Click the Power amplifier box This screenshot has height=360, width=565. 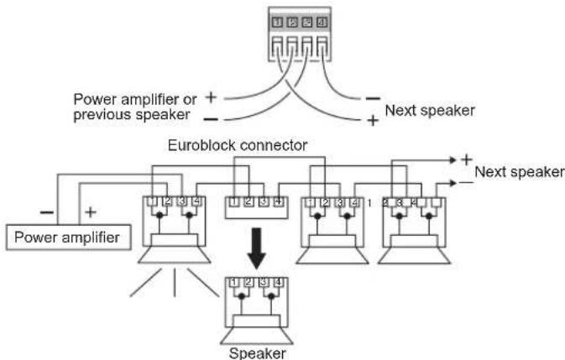[x=69, y=237]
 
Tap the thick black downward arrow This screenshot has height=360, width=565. [x=256, y=248]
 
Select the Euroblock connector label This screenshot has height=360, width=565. [x=238, y=145]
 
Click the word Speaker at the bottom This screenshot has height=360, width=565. [x=258, y=353]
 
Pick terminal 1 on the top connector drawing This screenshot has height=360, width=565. [x=277, y=23]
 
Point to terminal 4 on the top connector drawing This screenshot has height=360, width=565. [x=322, y=23]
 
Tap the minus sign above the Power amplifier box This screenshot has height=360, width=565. [x=47, y=212]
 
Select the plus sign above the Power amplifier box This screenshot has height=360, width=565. [x=91, y=212]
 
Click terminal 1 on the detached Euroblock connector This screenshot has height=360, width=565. [x=234, y=202]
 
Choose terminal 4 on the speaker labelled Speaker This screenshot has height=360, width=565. [x=278, y=282]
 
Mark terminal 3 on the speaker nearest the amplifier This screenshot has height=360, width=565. [x=181, y=201]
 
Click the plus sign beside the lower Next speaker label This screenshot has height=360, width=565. [x=466, y=159]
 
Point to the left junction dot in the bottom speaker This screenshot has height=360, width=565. [x=242, y=296]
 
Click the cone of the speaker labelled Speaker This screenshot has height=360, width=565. [x=257, y=336]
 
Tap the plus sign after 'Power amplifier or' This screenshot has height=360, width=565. [x=211, y=97]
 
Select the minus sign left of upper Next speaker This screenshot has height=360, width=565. [x=373, y=98]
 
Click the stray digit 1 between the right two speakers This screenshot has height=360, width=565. [x=369, y=203]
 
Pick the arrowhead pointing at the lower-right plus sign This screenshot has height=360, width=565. [x=453, y=159]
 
